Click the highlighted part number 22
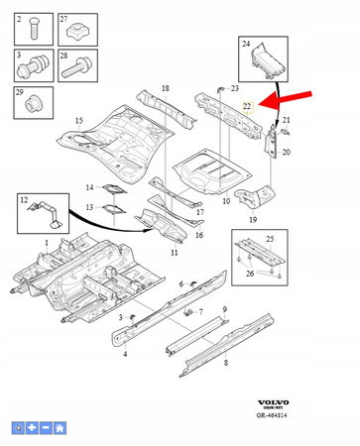click(248, 105)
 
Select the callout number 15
click(64, 122)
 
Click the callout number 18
click(165, 89)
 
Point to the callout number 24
click(248, 44)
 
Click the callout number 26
click(250, 273)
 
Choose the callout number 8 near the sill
click(227, 364)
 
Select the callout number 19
click(253, 219)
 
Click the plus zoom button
click(32, 427)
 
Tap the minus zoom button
click(46, 427)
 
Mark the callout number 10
click(227, 201)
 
